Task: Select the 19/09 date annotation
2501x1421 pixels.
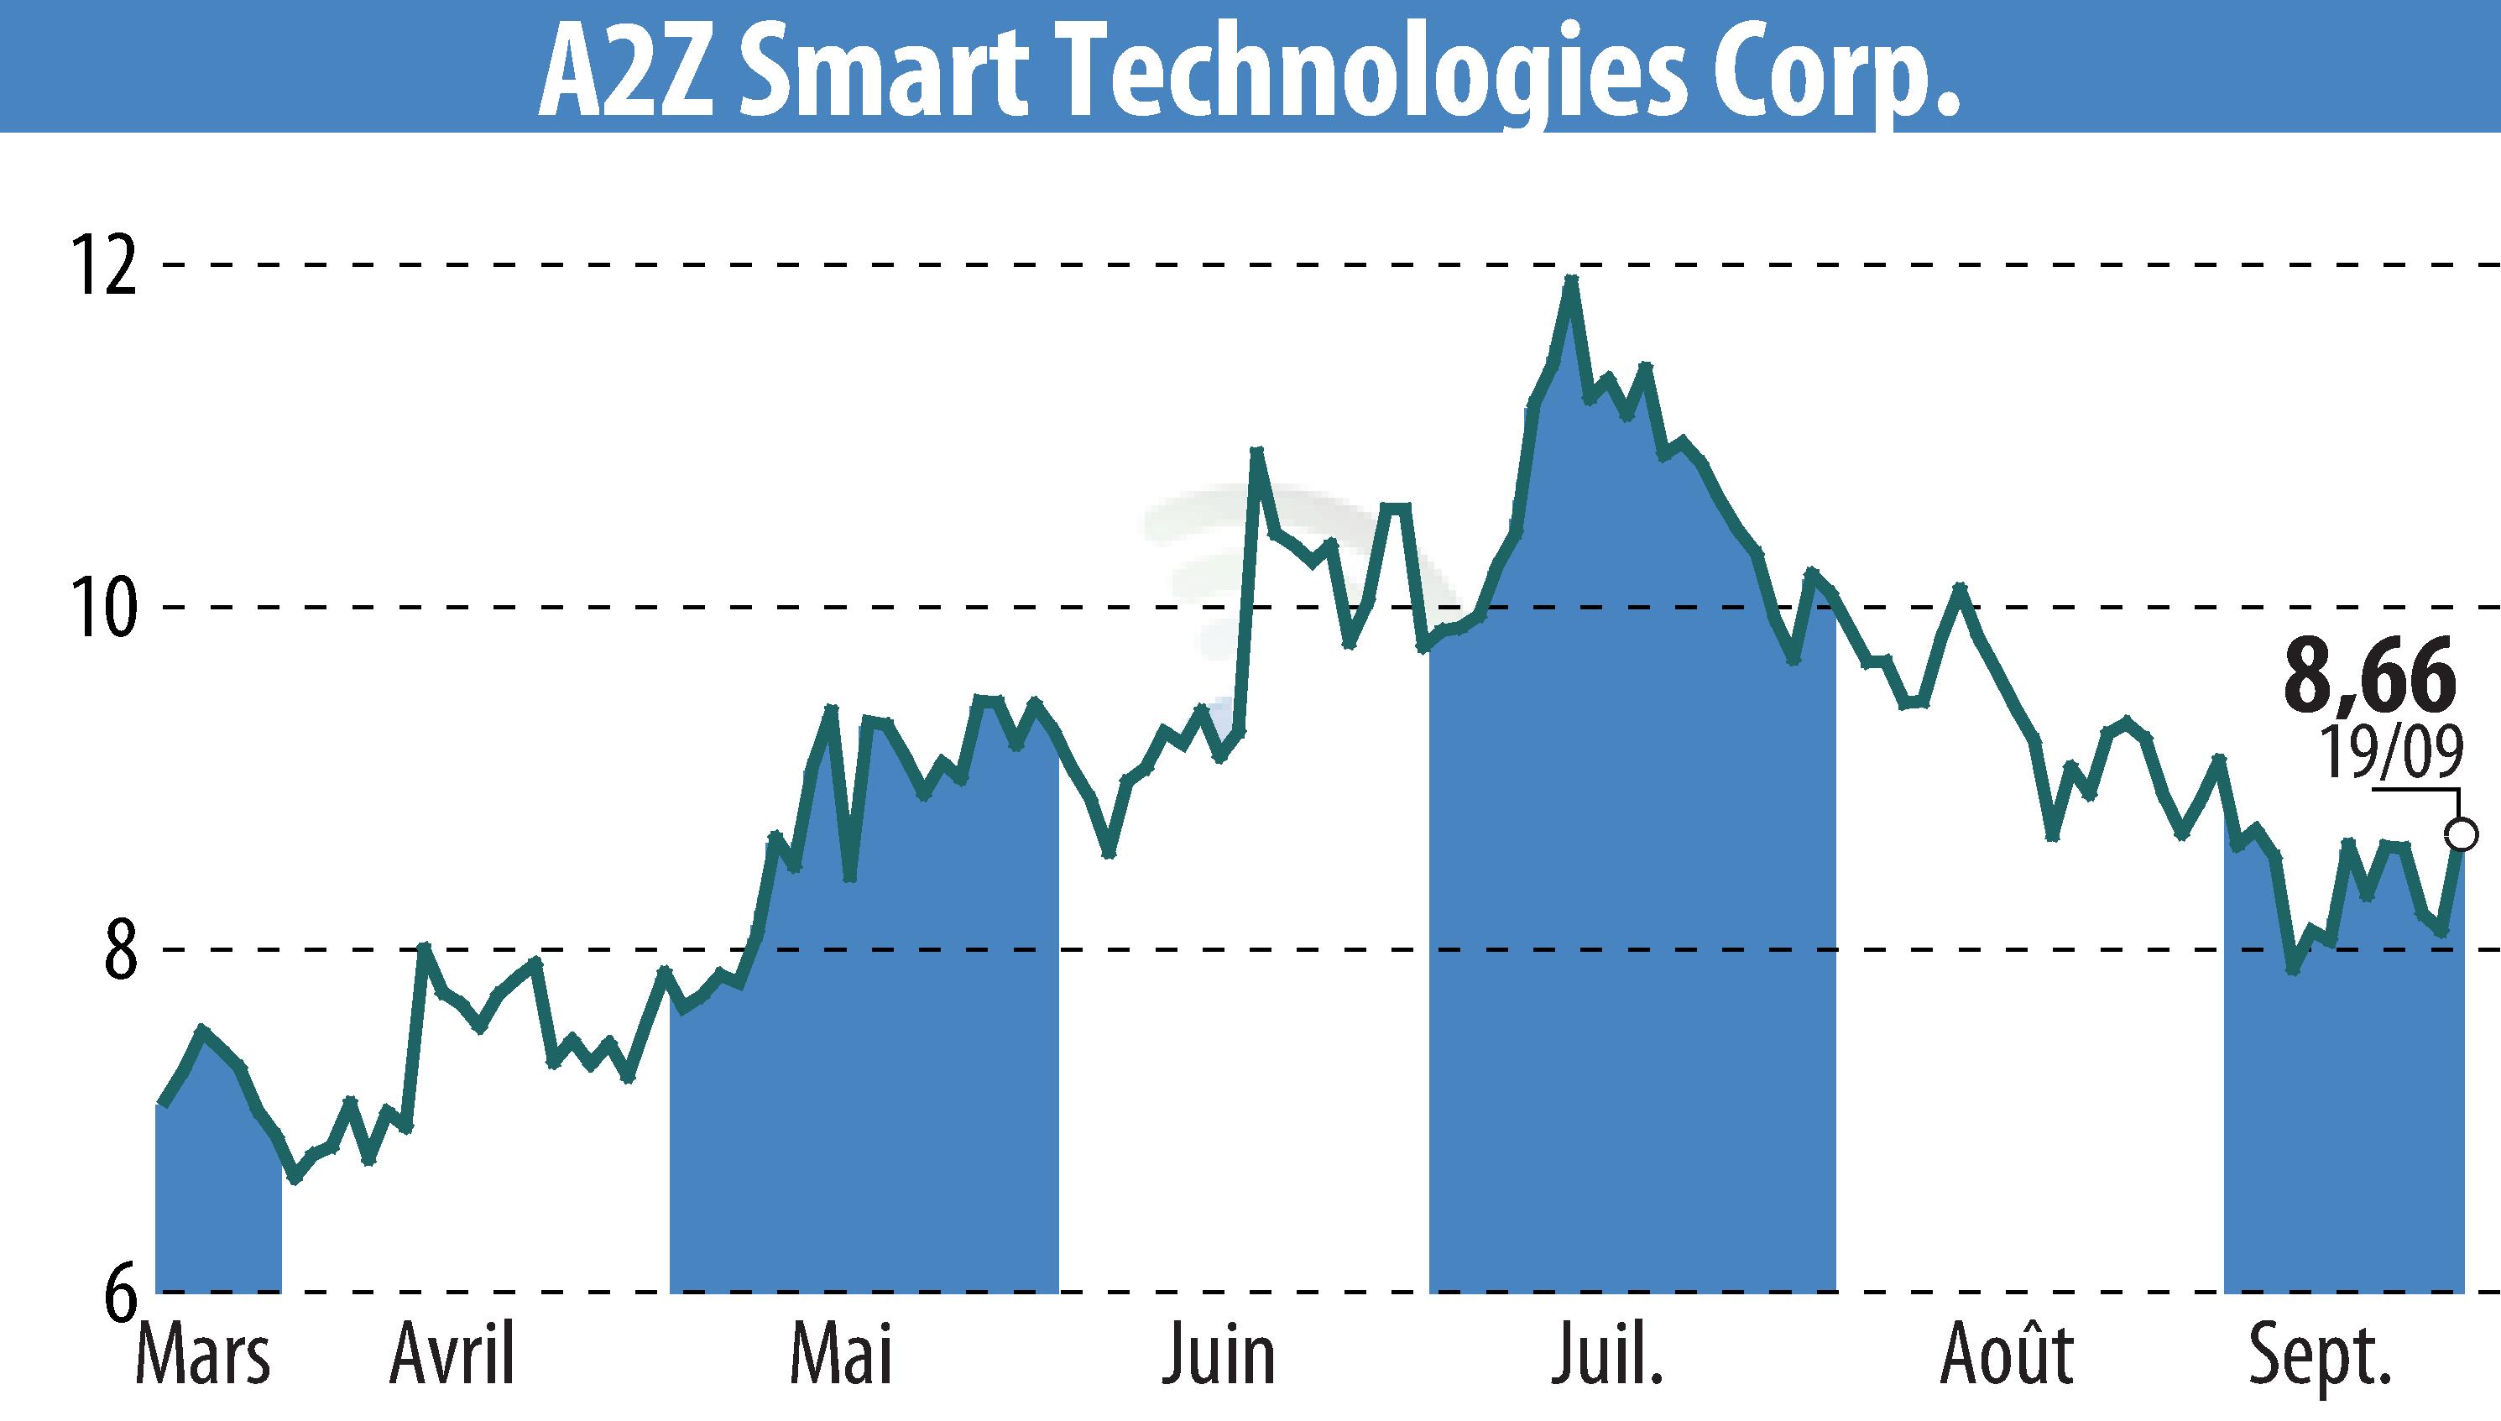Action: point(2391,752)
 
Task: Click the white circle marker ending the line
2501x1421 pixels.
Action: point(2461,834)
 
